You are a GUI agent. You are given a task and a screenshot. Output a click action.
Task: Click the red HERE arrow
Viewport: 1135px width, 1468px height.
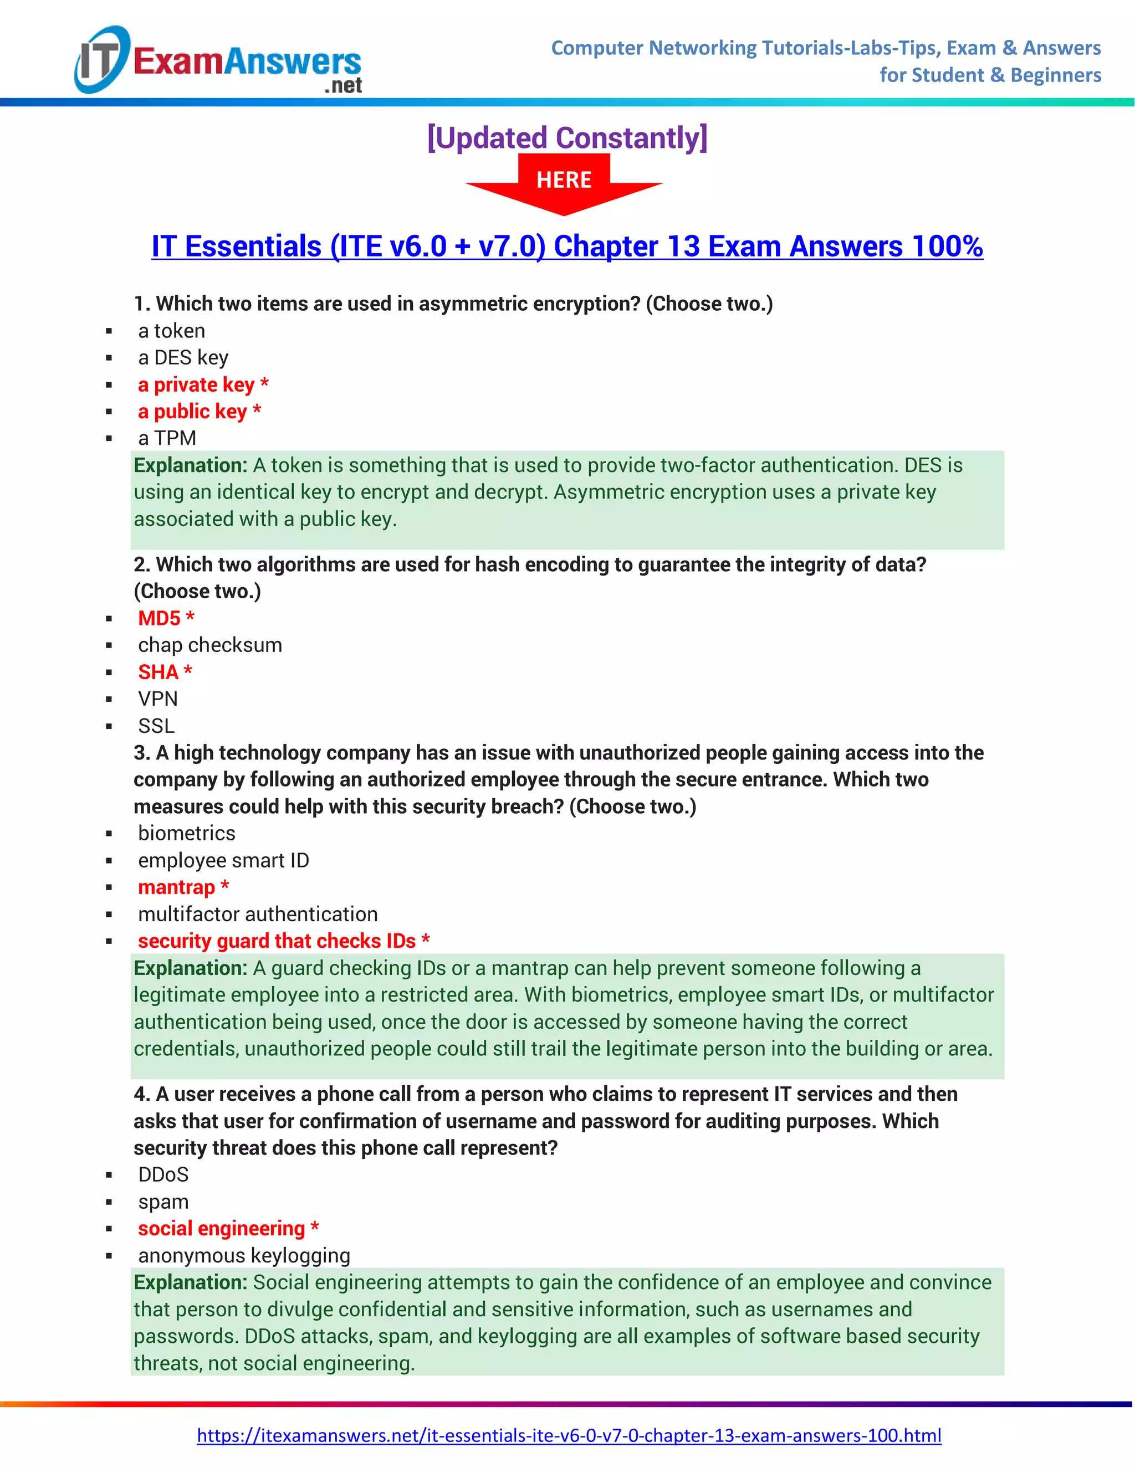click(x=564, y=183)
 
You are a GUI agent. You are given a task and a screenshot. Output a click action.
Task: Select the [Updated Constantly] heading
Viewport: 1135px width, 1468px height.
click(x=567, y=138)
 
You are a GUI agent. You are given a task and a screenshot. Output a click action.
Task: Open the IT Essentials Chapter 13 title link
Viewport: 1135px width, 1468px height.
click(x=567, y=246)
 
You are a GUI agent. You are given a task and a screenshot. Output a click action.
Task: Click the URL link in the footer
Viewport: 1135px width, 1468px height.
click(x=568, y=1435)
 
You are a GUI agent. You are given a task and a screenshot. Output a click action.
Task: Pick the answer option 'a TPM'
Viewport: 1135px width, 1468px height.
click(x=167, y=438)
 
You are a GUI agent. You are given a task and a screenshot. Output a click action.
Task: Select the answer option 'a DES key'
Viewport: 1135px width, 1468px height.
click(x=183, y=358)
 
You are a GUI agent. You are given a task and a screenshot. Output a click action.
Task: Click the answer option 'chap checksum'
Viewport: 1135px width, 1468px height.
click(x=210, y=645)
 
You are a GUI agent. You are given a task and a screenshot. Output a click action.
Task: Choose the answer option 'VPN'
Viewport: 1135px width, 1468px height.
click(x=158, y=699)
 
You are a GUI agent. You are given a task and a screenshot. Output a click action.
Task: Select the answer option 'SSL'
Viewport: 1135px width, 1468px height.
click(x=156, y=726)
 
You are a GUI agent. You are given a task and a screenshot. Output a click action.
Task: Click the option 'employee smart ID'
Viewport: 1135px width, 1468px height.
click(x=223, y=860)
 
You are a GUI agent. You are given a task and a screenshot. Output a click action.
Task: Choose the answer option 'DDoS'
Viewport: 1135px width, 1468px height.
click(x=163, y=1174)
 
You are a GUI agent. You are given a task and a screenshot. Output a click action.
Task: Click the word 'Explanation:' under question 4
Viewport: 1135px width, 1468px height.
click(x=190, y=1282)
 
